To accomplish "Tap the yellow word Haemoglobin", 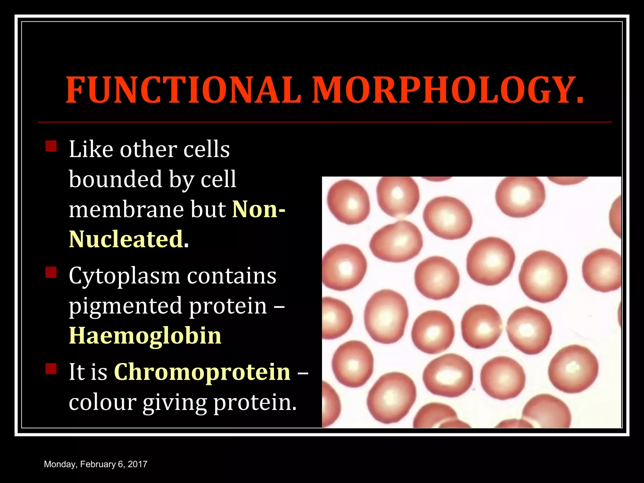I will tap(145, 335).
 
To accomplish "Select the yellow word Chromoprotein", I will tap(202, 372).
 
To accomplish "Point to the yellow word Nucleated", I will tap(126, 239).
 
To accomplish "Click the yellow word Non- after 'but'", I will tap(258, 209).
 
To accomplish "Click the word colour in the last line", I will tap(102, 402).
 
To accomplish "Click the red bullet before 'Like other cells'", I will tap(51, 146).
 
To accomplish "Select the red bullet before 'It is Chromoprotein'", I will tap(51, 369).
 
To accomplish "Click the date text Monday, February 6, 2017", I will tap(96, 464).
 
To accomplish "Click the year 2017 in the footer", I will tap(137, 464).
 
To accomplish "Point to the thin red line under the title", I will tap(324, 122).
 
